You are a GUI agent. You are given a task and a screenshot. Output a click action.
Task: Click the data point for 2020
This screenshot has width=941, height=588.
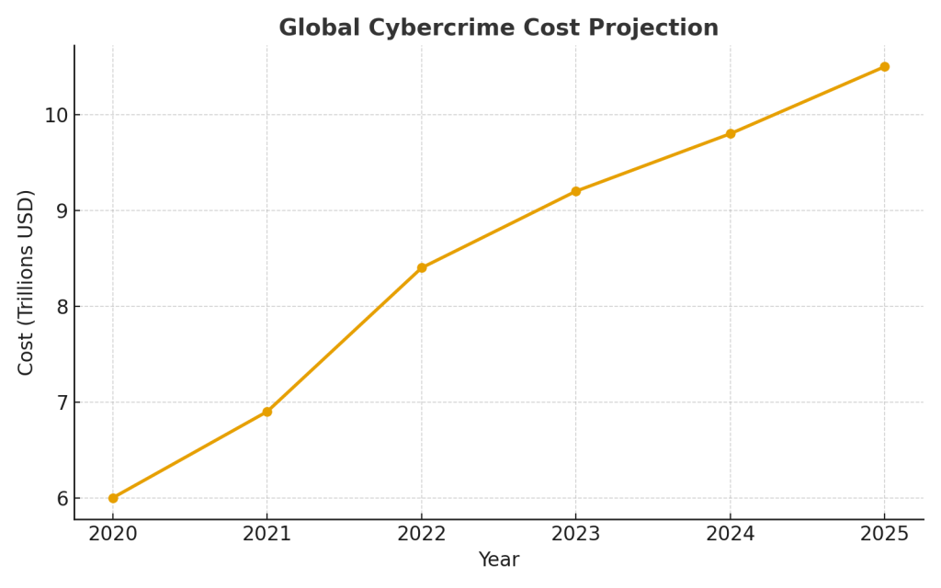[113, 498]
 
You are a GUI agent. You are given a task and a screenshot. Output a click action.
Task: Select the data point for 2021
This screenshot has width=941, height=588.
[267, 412]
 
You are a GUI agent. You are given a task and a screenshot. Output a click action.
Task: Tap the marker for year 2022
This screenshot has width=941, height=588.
[422, 267]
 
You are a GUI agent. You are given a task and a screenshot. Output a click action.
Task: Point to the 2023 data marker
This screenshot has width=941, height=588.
[576, 191]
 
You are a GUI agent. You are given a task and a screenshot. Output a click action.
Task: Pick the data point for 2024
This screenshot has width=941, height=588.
[731, 133]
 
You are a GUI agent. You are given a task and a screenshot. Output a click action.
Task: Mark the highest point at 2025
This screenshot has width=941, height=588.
[884, 66]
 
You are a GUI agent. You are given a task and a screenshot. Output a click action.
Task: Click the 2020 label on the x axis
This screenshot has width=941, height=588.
[113, 535]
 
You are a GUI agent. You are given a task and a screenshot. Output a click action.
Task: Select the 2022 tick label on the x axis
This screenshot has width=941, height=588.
[422, 535]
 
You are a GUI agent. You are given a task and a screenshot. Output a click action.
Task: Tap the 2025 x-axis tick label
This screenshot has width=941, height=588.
[884, 535]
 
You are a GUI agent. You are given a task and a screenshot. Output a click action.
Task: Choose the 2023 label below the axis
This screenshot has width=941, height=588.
[576, 535]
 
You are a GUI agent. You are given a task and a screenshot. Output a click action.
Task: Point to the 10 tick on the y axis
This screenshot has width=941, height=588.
[57, 115]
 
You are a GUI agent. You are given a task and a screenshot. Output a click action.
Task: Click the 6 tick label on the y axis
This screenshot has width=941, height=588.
[62, 498]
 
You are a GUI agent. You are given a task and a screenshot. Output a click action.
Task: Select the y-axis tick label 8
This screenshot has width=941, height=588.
[62, 307]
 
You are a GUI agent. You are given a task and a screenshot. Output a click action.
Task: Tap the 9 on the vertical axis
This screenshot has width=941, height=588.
[62, 210]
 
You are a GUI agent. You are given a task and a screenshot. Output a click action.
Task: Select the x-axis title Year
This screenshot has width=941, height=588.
[499, 560]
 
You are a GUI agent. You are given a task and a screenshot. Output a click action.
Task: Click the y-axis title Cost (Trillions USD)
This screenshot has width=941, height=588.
[27, 282]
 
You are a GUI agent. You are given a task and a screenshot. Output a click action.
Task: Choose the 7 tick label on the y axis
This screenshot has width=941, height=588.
[62, 402]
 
